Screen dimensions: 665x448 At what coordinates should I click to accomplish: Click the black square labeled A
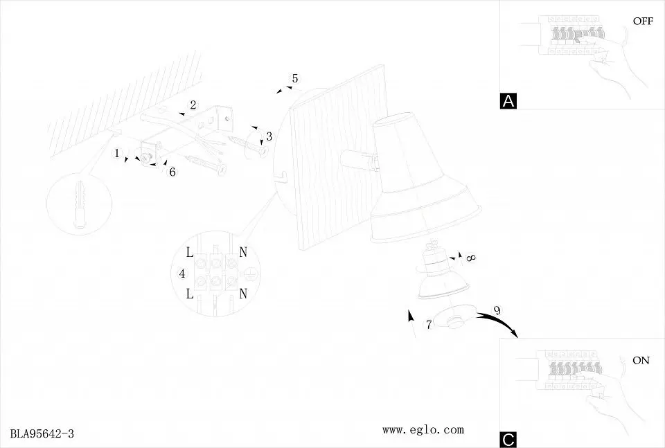point(508,101)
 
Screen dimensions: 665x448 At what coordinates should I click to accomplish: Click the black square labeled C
point(508,440)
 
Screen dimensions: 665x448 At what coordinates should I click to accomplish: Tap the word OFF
point(643,21)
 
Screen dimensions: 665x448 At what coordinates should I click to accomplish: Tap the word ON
point(641,360)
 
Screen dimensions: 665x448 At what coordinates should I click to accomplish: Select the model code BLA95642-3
point(42,433)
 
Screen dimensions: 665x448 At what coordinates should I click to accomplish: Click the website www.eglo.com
point(423,430)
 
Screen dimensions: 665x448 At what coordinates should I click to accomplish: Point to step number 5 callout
point(295,78)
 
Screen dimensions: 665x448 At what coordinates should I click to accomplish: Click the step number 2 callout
point(193,105)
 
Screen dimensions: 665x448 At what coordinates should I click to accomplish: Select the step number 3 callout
point(269,136)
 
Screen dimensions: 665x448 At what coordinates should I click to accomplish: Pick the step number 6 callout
point(172,172)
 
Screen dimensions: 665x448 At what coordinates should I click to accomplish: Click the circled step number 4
point(182,274)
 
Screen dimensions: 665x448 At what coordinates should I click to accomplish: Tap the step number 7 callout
point(429,325)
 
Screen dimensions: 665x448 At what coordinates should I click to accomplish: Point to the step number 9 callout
point(497,311)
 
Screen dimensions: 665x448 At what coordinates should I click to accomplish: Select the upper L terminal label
point(190,253)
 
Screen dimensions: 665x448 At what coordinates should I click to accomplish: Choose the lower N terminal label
point(242,294)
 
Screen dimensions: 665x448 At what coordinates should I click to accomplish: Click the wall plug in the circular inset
point(80,205)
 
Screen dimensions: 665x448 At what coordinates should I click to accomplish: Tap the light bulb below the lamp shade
point(437,274)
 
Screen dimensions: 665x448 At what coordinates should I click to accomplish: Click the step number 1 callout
point(117,153)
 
